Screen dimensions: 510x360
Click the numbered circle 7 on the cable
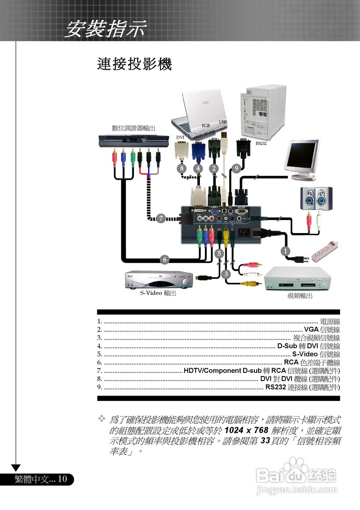[161, 218]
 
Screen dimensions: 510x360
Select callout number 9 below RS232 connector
[236, 168]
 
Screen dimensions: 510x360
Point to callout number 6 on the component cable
[165, 260]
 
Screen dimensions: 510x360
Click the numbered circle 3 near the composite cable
[226, 274]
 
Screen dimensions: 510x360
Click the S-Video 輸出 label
[158, 293]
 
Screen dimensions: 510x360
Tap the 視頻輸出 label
[300, 296]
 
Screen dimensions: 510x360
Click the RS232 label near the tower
[261, 143]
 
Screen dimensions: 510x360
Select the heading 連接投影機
[134, 64]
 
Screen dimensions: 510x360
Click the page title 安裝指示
[106, 30]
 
